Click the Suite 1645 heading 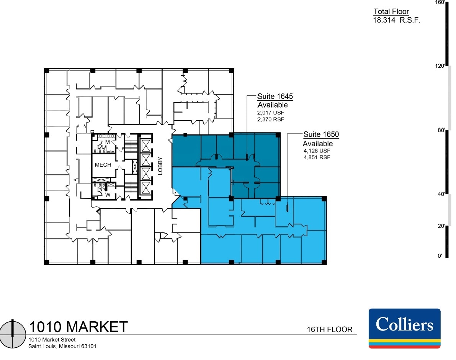pyautogui.click(x=275, y=97)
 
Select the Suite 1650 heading pyautogui.click(x=321, y=134)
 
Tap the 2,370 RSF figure pyautogui.click(x=271, y=119)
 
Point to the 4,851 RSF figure pyautogui.click(x=317, y=157)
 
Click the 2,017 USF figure pyautogui.click(x=271, y=113)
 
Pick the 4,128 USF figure pyautogui.click(x=317, y=151)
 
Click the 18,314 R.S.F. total pyautogui.click(x=397, y=20)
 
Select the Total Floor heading pyautogui.click(x=391, y=11)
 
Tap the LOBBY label pyautogui.click(x=160, y=166)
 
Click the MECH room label pyautogui.click(x=103, y=165)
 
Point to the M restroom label pyautogui.click(x=108, y=142)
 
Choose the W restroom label pyautogui.click(x=108, y=194)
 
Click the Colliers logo pyautogui.click(x=404, y=328)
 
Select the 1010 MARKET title pyautogui.click(x=78, y=327)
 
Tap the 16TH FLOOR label pyautogui.click(x=329, y=329)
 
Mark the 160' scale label pyautogui.click(x=439, y=3)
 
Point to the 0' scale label pyautogui.click(x=440, y=256)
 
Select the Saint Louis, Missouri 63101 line pyautogui.click(x=62, y=347)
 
